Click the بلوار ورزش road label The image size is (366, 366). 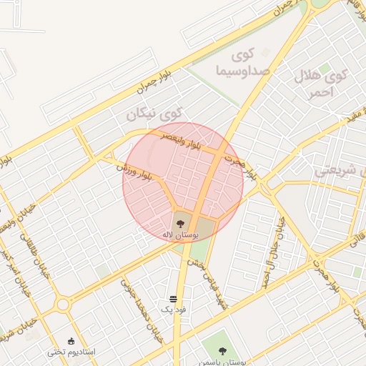point(136,170)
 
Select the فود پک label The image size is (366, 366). point(174,310)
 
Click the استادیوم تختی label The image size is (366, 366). point(71,352)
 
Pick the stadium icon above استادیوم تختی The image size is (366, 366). point(71,340)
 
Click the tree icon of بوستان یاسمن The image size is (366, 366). point(221,350)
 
